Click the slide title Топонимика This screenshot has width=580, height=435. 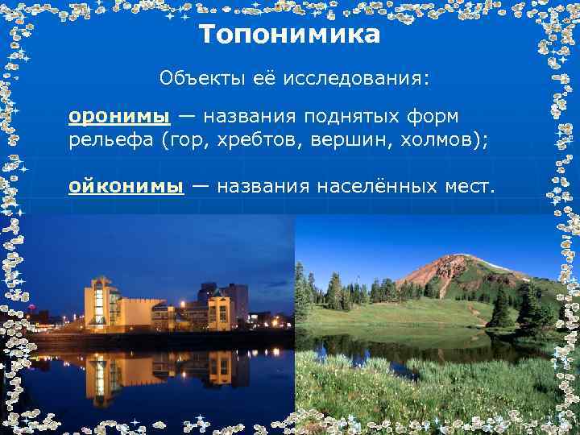[x=289, y=35]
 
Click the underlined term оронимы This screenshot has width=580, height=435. [x=119, y=116]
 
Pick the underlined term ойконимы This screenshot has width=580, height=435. [x=126, y=187]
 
